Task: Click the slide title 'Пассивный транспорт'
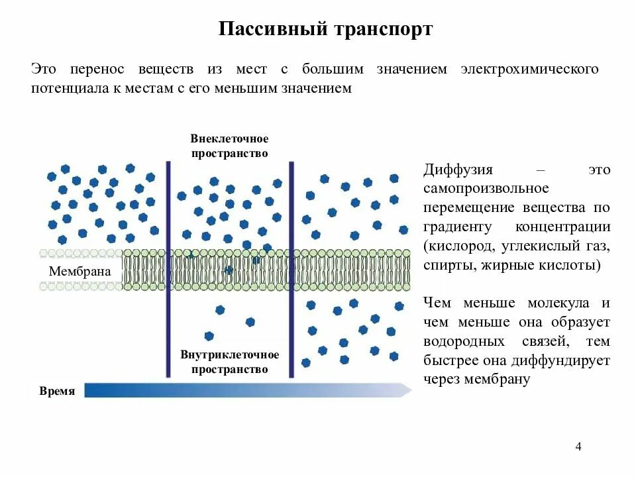point(325,30)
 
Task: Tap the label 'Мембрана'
point(80,272)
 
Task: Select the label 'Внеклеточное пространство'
point(229,146)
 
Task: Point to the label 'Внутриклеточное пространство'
point(229,362)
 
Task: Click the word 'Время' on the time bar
point(57,391)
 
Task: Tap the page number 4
point(578,446)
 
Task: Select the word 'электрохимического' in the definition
point(530,69)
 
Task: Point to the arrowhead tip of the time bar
point(410,390)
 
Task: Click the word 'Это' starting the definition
point(41,69)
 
